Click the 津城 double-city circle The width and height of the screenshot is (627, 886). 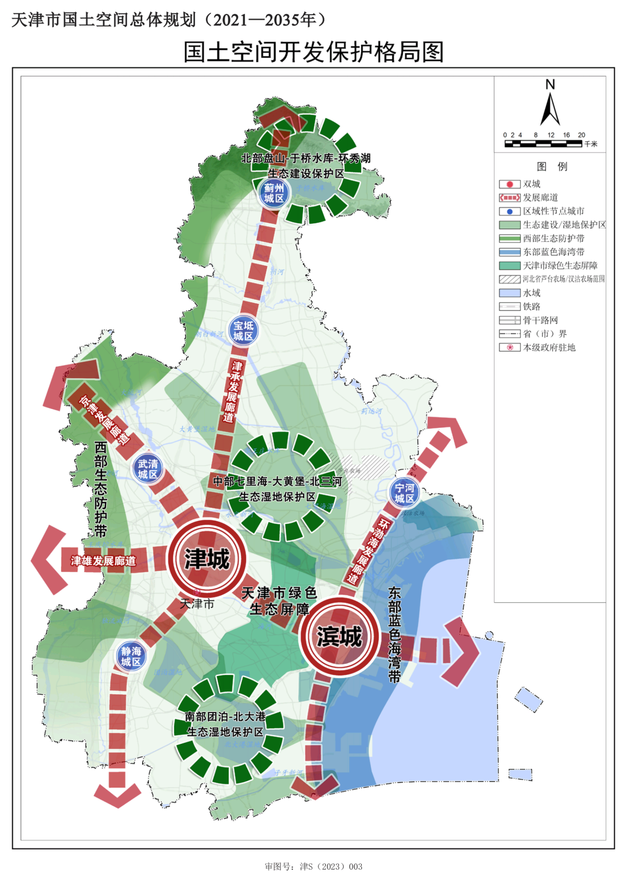click(x=207, y=558)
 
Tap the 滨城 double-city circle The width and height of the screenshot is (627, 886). click(x=339, y=637)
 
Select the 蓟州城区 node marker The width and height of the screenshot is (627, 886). click(x=273, y=193)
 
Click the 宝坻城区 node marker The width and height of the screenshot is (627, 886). click(x=243, y=331)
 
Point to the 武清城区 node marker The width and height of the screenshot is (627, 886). click(x=147, y=469)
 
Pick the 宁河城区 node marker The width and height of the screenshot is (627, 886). click(x=404, y=493)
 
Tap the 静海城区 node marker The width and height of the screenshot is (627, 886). click(x=131, y=656)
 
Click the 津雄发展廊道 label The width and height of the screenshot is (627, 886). click(x=103, y=561)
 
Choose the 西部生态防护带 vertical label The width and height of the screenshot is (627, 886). click(x=100, y=489)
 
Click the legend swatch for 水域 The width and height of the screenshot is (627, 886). click(x=509, y=293)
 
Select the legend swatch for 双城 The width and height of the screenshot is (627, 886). click(x=509, y=184)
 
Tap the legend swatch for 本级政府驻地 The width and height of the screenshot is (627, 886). click(x=509, y=348)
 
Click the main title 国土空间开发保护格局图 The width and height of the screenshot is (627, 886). click(x=313, y=52)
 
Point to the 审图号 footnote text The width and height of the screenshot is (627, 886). click(x=313, y=866)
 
